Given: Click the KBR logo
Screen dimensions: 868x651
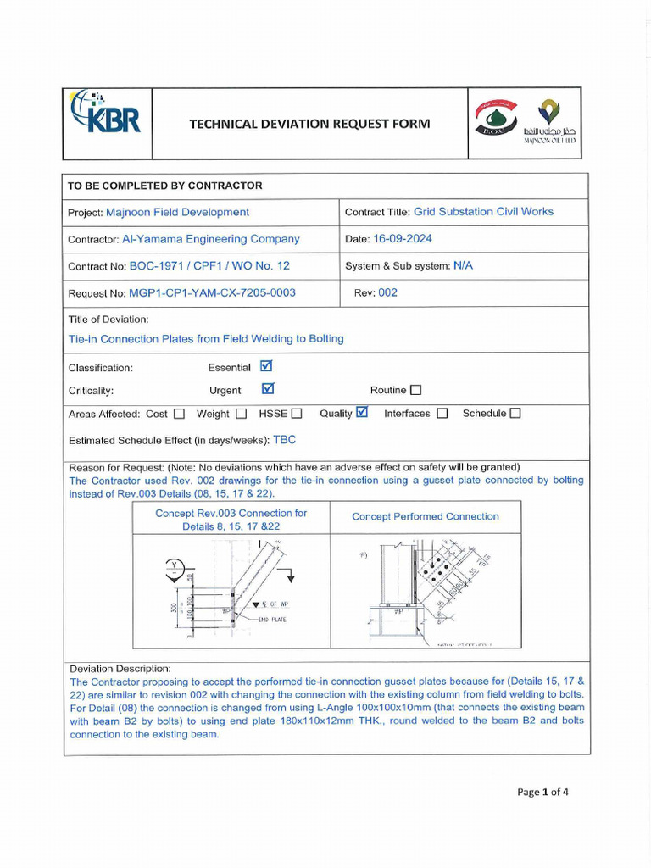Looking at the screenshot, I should (x=107, y=114).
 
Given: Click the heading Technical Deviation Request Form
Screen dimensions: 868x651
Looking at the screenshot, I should (x=309, y=124).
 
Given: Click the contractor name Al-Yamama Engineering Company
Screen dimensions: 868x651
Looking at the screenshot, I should (x=211, y=239).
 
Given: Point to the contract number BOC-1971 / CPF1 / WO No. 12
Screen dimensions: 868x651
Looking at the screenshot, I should (x=209, y=265).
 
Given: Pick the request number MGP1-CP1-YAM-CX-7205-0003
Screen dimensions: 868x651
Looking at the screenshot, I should (x=212, y=292).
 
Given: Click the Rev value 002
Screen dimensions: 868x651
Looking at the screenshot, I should (x=387, y=292).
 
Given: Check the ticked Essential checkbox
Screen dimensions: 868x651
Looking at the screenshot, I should (x=267, y=366).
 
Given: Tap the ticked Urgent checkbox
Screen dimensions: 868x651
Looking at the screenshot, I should (x=268, y=389).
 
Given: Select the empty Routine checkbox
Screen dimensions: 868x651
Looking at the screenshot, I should (x=415, y=390).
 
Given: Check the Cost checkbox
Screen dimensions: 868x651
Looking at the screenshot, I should (x=179, y=414).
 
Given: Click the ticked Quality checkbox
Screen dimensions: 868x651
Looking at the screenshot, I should (x=363, y=412).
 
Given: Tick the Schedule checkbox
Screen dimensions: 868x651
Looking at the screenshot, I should (x=515, y=414).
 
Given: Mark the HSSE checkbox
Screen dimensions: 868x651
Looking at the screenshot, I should (x=297, y=414).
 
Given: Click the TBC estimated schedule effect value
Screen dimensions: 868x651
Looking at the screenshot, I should (x=284, y=440).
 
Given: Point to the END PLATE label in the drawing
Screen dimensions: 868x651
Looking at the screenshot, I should (x=272, y=620).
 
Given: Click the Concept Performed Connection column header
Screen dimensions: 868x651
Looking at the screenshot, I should (x=426, y=516).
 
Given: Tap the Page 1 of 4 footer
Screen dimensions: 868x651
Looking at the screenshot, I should (x=542, y=793).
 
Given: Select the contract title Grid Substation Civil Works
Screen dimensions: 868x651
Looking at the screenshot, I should (x=483, y=212).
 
